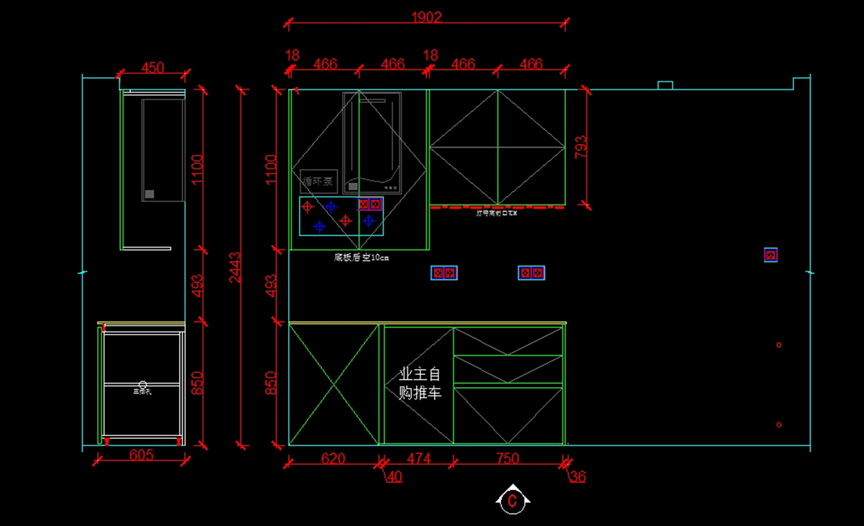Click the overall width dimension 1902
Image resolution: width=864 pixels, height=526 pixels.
tap(426, 17)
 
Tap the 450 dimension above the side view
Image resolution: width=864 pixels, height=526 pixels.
tap(153, 68)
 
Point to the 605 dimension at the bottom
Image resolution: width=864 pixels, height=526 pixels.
tap(141, 455)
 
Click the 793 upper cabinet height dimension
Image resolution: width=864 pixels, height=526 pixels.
tap(581, 147)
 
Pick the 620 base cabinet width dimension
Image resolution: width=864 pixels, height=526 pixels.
tap(333, 458)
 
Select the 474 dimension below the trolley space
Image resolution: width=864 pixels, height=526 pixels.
tap(418, 458)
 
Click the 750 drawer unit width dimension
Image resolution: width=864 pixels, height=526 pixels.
tap(508, 458)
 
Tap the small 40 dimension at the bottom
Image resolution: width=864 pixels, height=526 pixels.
tap(395, 476)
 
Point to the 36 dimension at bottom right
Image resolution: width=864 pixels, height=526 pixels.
tap(577, 476)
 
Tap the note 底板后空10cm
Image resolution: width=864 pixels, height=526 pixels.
tap(361, 257)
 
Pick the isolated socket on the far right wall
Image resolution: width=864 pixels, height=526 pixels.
tap(770, 255)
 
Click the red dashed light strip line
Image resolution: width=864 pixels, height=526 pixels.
tap(497, 207)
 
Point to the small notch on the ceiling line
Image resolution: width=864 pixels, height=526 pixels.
tap(665, 86)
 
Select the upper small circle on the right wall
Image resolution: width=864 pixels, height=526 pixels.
tap(779, 345)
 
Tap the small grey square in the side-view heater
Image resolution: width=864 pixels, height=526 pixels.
tap(150, 194)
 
